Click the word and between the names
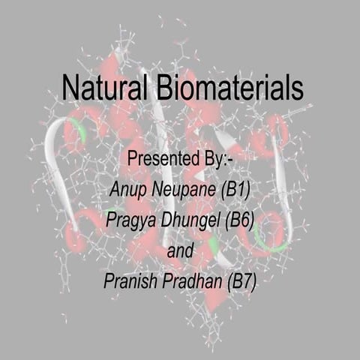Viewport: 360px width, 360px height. point(179,250)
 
